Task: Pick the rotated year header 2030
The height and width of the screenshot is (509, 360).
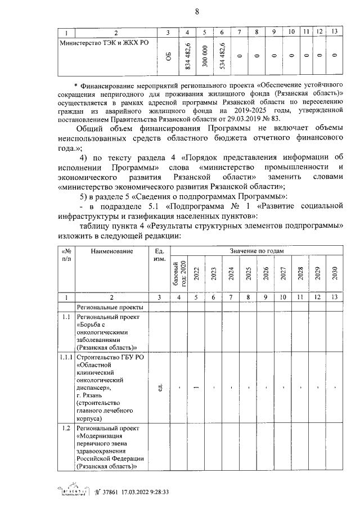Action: [x=334, y=273]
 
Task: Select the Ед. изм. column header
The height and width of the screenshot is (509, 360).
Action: [x=160, y=255]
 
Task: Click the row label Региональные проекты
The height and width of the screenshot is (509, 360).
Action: [x=110, y=307]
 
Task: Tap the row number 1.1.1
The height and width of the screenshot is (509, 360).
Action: [x=66, y=357]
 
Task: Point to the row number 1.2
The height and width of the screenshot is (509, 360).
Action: [x=66, y=429]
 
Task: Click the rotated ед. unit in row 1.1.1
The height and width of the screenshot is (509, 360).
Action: [x=160, y=388]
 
